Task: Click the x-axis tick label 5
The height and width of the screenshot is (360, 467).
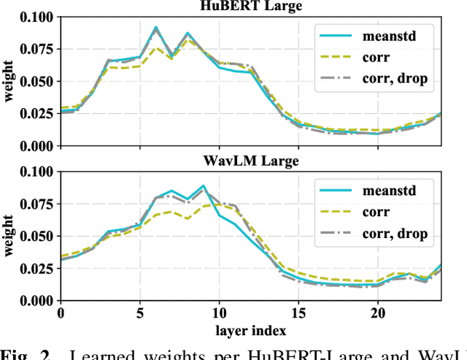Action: coord(139,313)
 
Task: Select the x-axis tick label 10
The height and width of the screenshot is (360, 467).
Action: coord(218,313)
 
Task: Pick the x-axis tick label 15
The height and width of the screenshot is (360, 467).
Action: coord(298,313)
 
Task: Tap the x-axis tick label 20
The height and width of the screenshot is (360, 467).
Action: coord(377,313)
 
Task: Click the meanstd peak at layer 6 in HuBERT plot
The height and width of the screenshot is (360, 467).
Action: coord(155,28)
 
